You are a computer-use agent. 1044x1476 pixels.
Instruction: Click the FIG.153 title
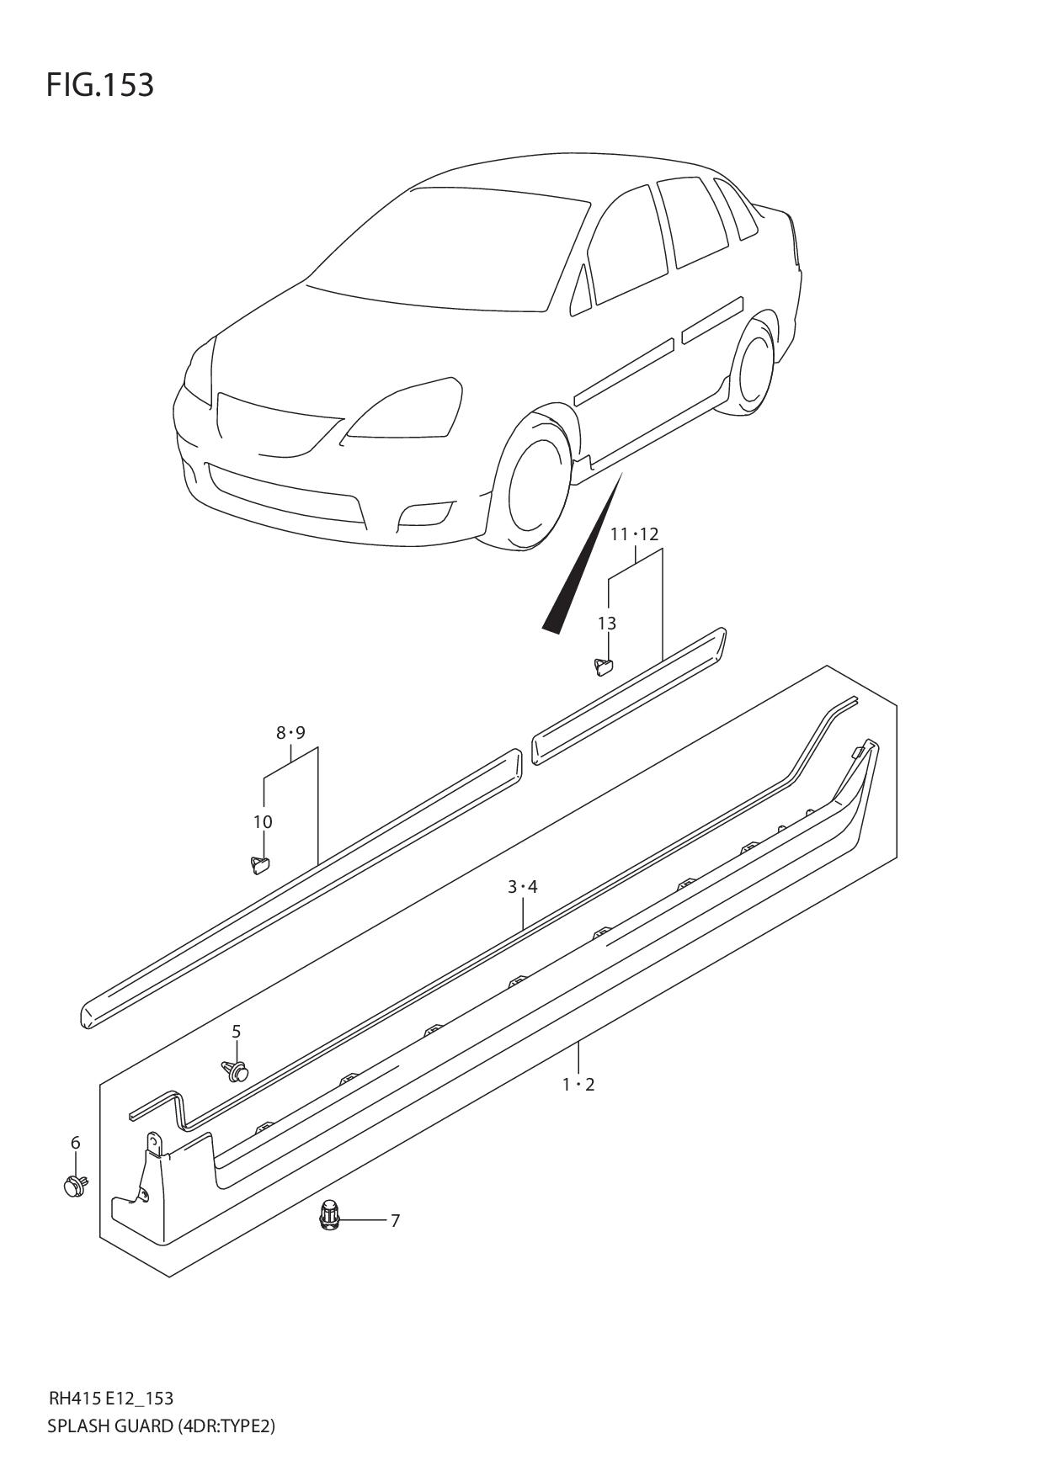coord(100,85)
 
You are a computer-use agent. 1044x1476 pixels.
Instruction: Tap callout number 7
coord(395,1220)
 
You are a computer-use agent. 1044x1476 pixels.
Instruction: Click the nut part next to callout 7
coord(329,1216)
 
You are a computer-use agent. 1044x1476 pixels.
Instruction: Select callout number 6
coord(75,1143)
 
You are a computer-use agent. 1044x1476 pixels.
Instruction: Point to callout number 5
coord(237,1032)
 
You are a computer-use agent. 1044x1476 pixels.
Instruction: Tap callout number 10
coord(263,822)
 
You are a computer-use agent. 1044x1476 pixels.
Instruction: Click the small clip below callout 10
coord(260,864)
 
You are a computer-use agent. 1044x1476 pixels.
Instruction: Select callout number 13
coord(607,624)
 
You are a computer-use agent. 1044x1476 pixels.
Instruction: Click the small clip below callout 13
coord(604,666)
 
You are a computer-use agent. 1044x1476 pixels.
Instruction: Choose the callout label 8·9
coord(290,733)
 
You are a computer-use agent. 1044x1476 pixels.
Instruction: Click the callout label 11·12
coord(635,534)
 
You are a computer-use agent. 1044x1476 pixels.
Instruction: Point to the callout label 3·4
coord(522,886)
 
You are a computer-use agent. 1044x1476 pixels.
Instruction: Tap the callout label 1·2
coord(578,1085)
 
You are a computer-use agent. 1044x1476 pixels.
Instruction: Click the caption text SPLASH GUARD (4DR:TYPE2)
coord(162,1426)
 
